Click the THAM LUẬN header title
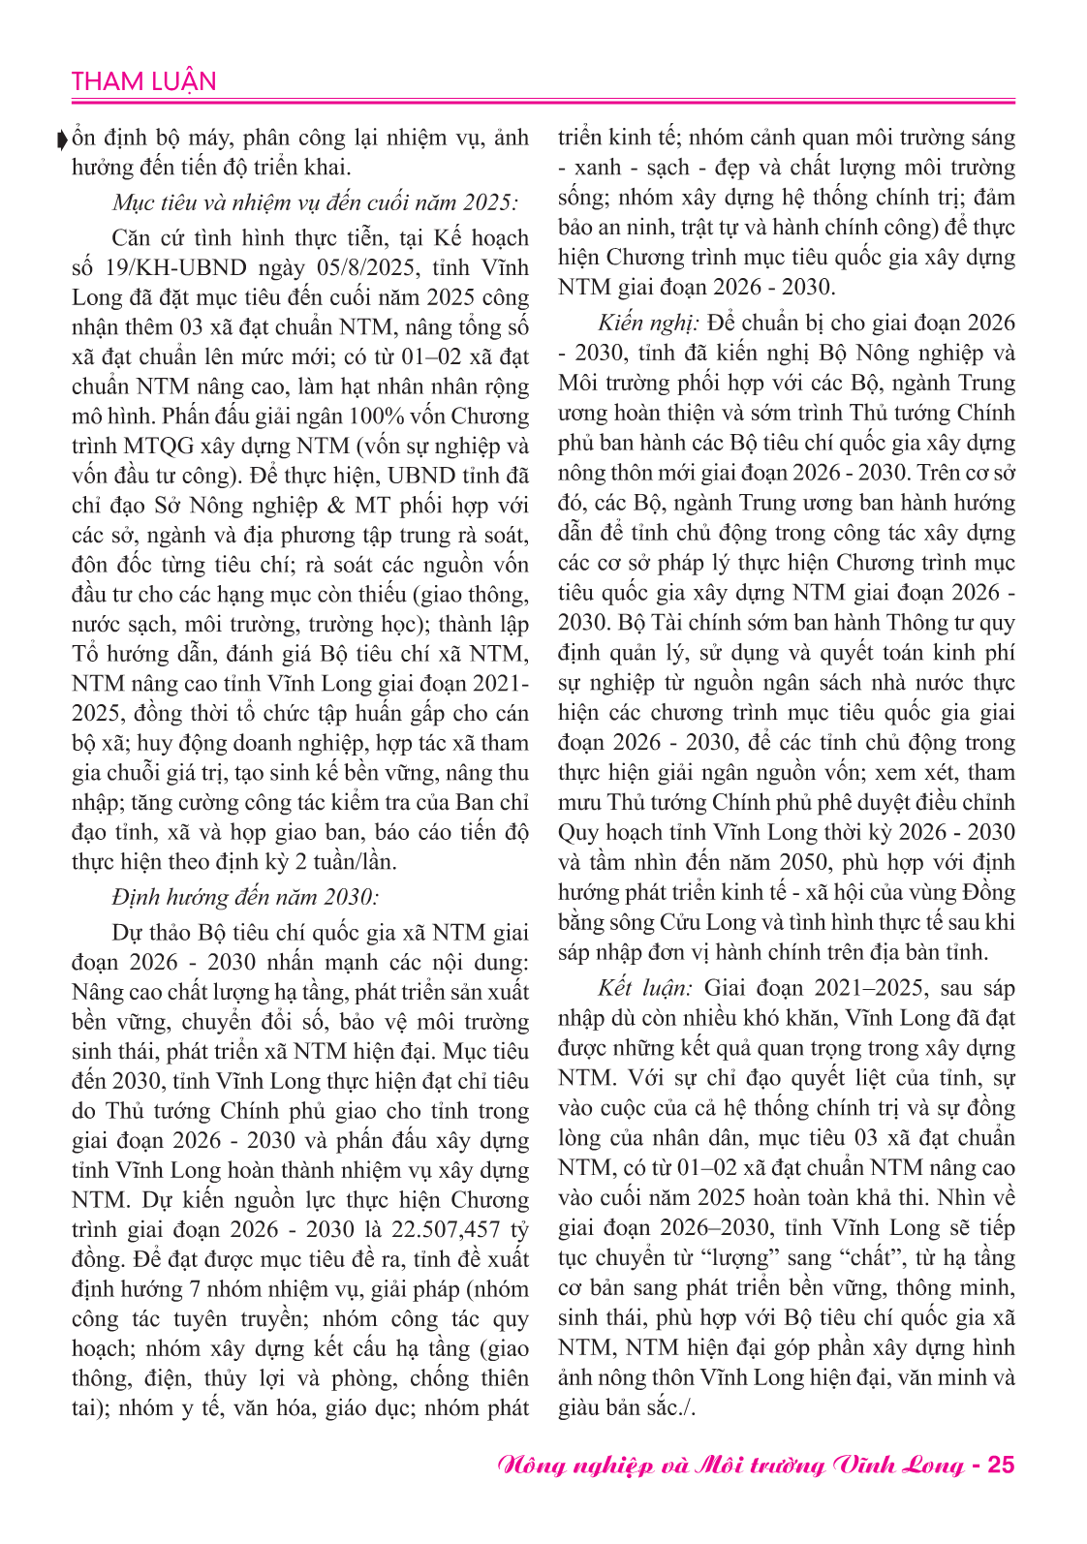143,81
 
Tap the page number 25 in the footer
1000,1464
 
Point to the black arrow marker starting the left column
64,139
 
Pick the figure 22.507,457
445,1229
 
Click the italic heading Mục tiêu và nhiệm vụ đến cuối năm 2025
315,202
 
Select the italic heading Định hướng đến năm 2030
245,897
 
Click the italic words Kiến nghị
647,323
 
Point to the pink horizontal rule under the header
543,101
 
